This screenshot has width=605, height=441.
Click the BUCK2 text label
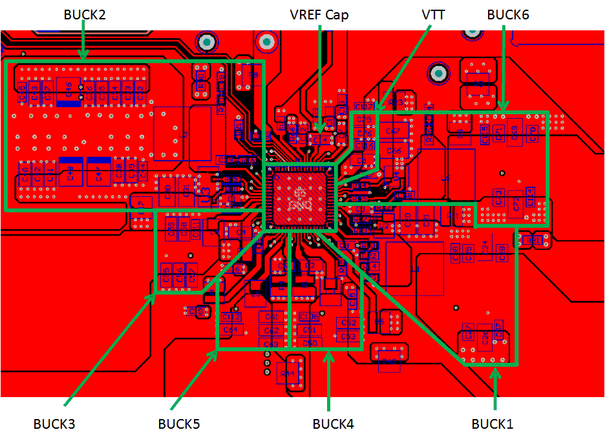click(x=85, y=14)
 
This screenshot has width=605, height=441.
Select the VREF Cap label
click(x=319, y=14)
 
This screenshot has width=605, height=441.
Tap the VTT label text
click(x=433, y=14)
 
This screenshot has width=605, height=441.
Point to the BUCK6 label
click(x=508, y=14)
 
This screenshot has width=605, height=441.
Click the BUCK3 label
click(x=54, y=424)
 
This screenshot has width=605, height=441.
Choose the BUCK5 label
click(x=179, y=424)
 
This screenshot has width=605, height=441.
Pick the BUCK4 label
click(x=333, y=424)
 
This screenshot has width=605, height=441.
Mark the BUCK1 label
click(x=492, y=424)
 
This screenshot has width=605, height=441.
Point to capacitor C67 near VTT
click(x=392, y=131)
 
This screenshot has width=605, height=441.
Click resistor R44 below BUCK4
click(x=288, y=374)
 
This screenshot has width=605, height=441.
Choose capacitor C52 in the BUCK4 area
click(x=348, y=323)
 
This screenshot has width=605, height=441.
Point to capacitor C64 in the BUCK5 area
click(x=230, y=330)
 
